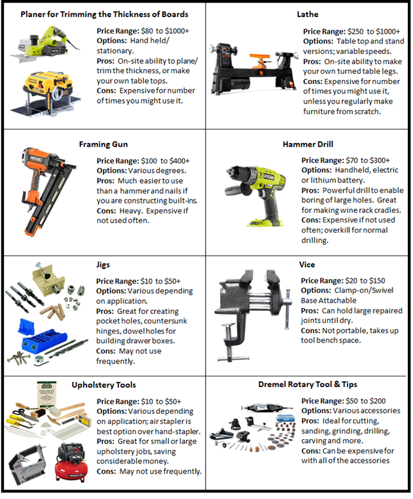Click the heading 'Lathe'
(x=307, y=15)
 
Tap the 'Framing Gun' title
(x=103, y=144)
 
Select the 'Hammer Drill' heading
(x=308, y=144)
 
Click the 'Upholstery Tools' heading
(x=104, y=385)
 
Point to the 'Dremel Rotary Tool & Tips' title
(x=307, y=384)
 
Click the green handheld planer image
(x=46, y=43)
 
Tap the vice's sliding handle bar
(x=288, y=309)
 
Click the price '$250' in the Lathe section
(x=355, y=32)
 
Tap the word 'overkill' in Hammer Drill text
(x=337, y=230)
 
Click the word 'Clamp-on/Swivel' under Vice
(x=364, y=291)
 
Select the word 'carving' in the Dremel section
(x=314, y=441)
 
